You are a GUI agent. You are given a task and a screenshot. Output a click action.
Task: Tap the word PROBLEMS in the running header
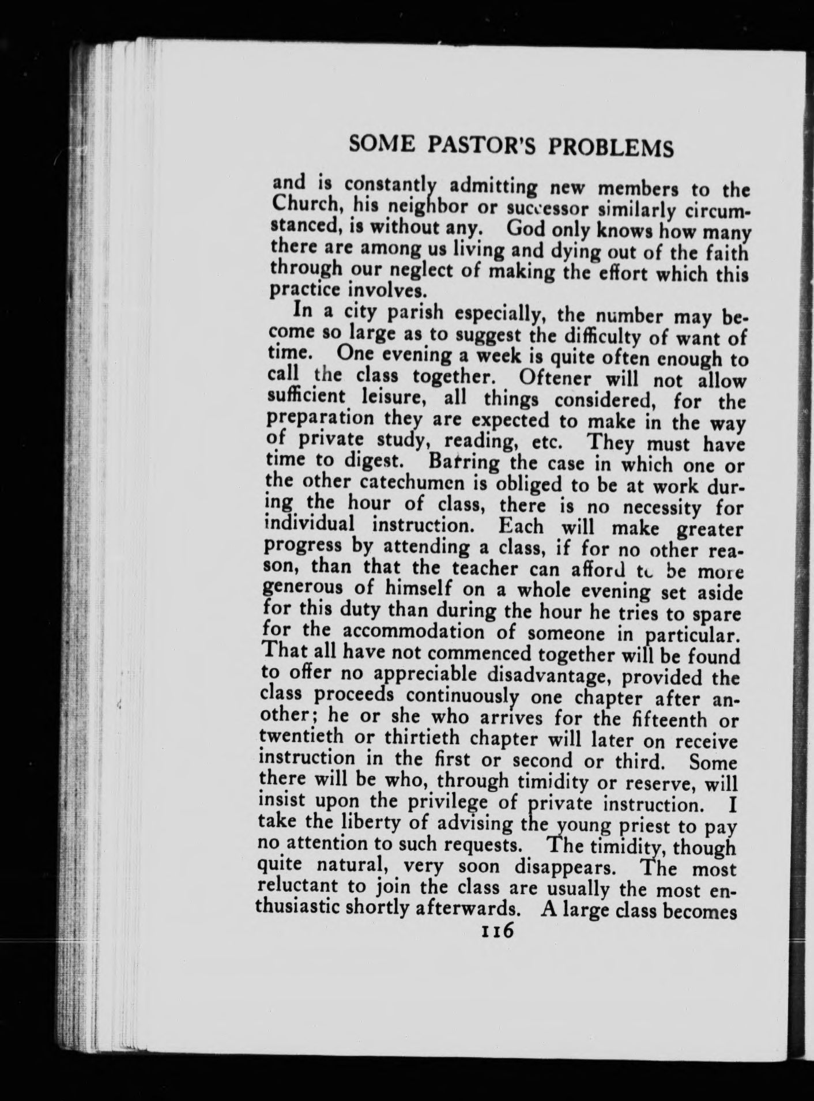(610, 148)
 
